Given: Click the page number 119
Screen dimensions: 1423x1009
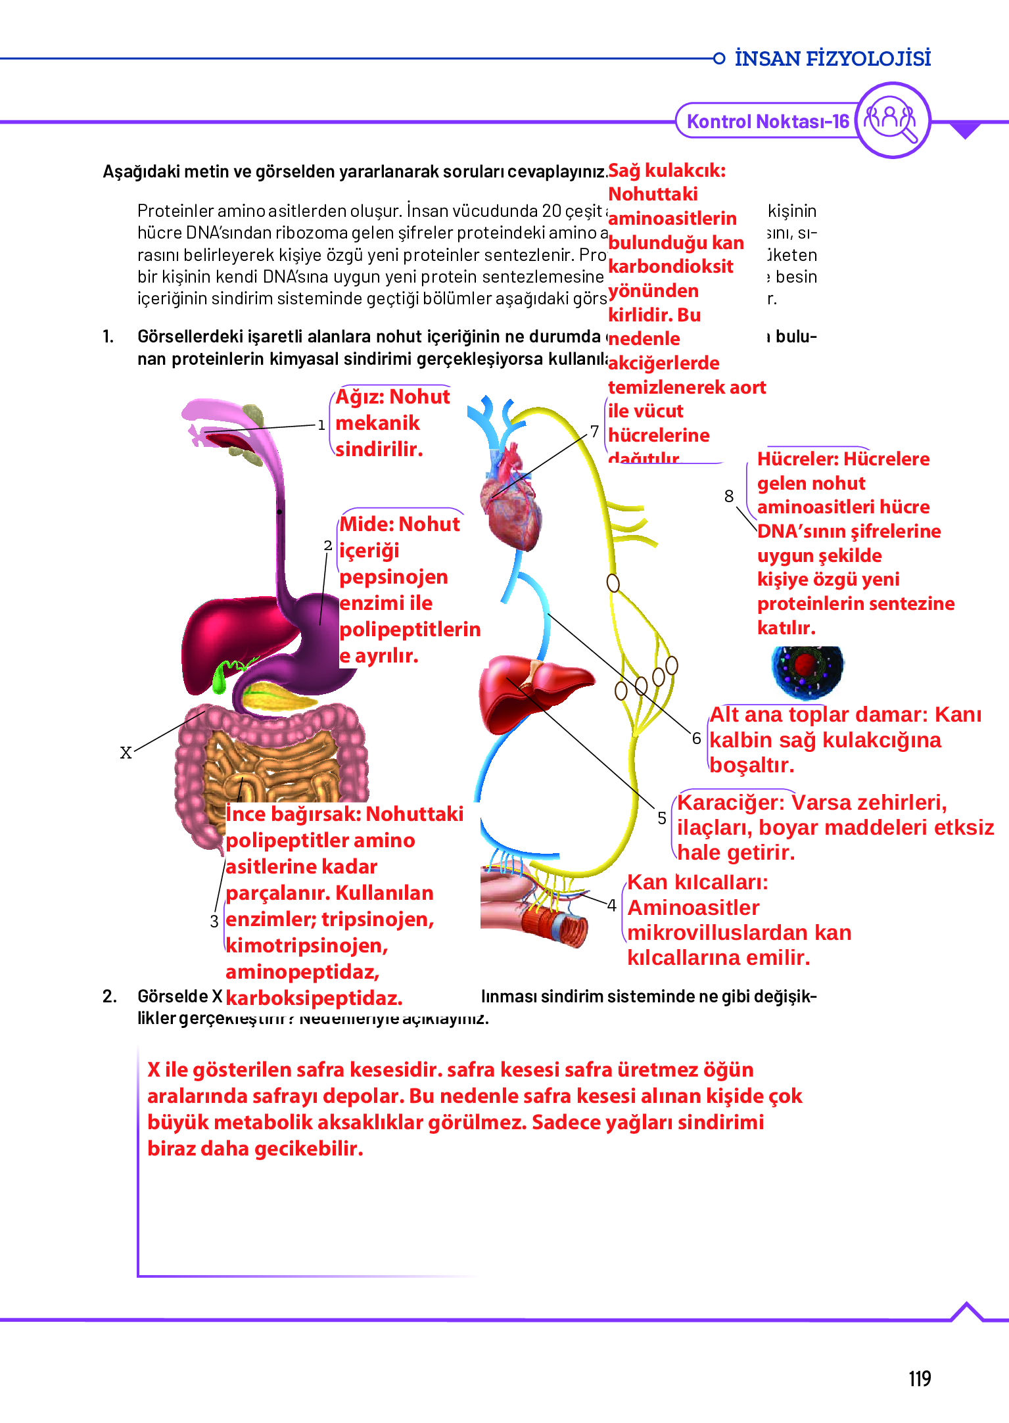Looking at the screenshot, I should [x=920, y=1378].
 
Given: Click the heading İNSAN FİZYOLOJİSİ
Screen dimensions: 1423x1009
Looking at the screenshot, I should [x=832, y=58].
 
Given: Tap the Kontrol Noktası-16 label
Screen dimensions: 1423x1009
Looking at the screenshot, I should [x=767, y=122].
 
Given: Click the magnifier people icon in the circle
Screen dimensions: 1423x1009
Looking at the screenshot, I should [x=892, y=120].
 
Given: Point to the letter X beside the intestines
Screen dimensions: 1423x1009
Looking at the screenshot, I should [x=126, y=753].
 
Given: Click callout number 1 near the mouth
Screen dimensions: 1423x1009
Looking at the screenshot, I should [x=321, y=425].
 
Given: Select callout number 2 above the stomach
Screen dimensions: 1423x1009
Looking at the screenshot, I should [x=327, y=546].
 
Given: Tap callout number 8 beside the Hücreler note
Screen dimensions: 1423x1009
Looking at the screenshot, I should [x=729, y=496].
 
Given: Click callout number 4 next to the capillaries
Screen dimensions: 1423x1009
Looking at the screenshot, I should [x=611, y=905].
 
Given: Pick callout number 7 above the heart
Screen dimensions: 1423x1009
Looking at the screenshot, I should [x=594, y=431].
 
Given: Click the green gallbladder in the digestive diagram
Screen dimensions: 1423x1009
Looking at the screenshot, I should [x=220, y=677].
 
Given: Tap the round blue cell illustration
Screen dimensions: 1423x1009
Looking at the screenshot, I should [x=807, y=670].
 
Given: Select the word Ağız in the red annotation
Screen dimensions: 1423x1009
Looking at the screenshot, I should [x=359, y=397].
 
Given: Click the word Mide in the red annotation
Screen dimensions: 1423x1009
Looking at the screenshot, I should [x=366, y=525].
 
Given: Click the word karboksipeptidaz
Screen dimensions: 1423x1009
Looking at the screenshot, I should [x=314, y=998].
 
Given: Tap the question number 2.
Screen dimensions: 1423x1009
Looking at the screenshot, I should [x=109, y=996].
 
